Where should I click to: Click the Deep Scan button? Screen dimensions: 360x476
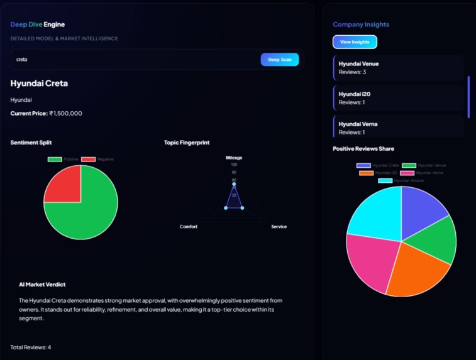tap(280, 60)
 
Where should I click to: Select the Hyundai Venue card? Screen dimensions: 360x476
tap(398, 68)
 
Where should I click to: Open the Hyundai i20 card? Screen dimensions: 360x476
tap(398, 98)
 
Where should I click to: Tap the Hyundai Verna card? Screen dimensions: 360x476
tap(398, 128)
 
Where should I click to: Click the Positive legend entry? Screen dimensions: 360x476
tap(64, 160)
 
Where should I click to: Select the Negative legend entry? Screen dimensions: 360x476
tap(97, 160)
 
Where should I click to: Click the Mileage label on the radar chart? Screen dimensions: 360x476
tap(234, 158)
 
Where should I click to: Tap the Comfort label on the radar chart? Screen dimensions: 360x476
tap(189, 227)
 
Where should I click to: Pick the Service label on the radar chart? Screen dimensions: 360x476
tap(279, 227)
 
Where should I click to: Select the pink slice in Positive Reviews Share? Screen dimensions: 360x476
tap(370, 261)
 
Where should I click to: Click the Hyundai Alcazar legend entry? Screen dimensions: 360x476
tap(401, 181)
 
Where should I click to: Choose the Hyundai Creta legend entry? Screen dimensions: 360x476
tap(378, 166)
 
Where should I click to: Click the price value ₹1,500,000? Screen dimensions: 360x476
tap(66, 114)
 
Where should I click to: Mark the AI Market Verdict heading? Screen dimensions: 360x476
tap(42, 285)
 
